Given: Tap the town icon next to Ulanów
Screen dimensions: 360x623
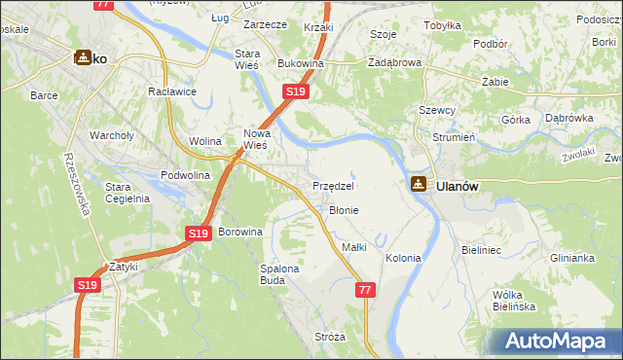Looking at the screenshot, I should tap(418, 184).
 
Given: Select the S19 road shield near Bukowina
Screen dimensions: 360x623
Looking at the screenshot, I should tap(296, 91).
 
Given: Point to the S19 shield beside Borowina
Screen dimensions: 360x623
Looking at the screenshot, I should tap(199, 234).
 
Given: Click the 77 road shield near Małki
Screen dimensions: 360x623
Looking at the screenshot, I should tap(365, 290).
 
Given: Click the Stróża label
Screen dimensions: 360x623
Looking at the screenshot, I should tap(330, 337).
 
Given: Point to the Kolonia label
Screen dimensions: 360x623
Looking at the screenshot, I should tap(403, 258).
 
